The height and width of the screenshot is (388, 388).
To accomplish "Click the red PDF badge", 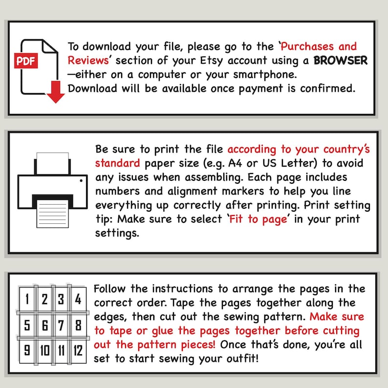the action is (x=26, y=61).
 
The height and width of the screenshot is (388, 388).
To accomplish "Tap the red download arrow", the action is (x=56, y=91).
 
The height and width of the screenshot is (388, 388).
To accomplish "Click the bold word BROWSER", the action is (x=341, y=61).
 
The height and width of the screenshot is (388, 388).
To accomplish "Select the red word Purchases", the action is (x=307, y=46).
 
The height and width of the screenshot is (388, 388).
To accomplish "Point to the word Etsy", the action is (x=211, y=61).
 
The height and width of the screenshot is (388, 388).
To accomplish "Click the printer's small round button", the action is (x=81, y=181).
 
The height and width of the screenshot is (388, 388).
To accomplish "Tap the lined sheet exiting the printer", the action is (x=52, y=214).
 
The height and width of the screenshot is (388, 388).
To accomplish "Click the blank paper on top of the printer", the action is (x=52, y=163).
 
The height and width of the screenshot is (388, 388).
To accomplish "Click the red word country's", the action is (x=346, y=150).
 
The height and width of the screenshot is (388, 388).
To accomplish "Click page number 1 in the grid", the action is (x=27, y=299).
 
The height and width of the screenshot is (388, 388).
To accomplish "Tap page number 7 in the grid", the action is (x=61, y=325).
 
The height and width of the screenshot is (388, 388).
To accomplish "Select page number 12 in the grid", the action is (x=78, y=351).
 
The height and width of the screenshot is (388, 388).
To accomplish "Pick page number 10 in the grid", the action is (x=45, y=351).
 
